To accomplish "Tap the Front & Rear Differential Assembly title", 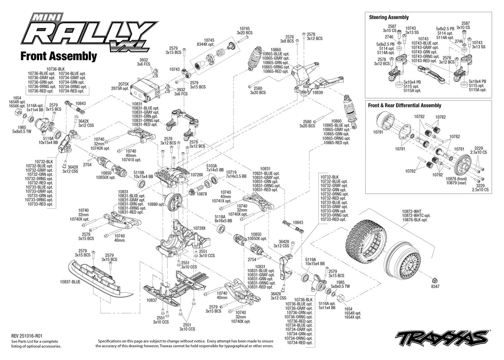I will coord(404,105).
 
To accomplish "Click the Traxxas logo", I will coord(442,337).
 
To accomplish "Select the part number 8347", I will coord(436,286).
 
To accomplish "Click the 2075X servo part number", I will coord(123,83).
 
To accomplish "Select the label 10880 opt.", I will coord(156,204).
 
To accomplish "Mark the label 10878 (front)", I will coord(458,178).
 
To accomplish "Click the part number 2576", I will coord(290,37).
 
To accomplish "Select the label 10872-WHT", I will coord(412,211).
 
